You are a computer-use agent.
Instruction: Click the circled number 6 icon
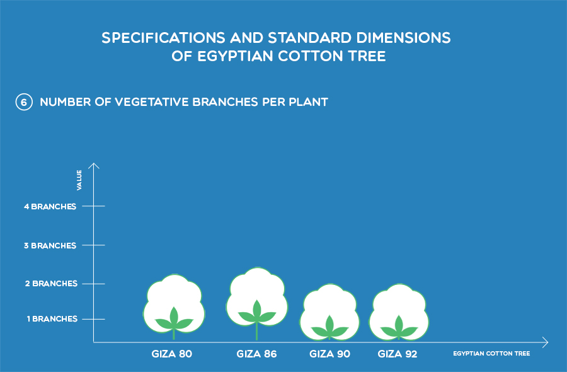pos(24,102)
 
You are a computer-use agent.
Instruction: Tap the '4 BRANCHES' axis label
pos(50,207)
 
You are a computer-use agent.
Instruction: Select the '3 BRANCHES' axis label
pos(50,246)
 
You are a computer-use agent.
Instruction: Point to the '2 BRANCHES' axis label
pos(51,283)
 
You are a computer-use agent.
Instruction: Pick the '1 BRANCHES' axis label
pos(52,319)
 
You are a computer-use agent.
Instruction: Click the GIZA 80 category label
pos(172,354)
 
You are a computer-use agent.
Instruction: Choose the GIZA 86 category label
pos(256,354)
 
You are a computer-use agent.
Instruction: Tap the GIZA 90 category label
pos(329,354)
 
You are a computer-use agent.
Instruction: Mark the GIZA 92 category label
pos(398,354)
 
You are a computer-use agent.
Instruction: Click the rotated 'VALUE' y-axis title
pos(79,180)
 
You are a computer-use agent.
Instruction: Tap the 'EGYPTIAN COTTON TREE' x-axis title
pos(491,354)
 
